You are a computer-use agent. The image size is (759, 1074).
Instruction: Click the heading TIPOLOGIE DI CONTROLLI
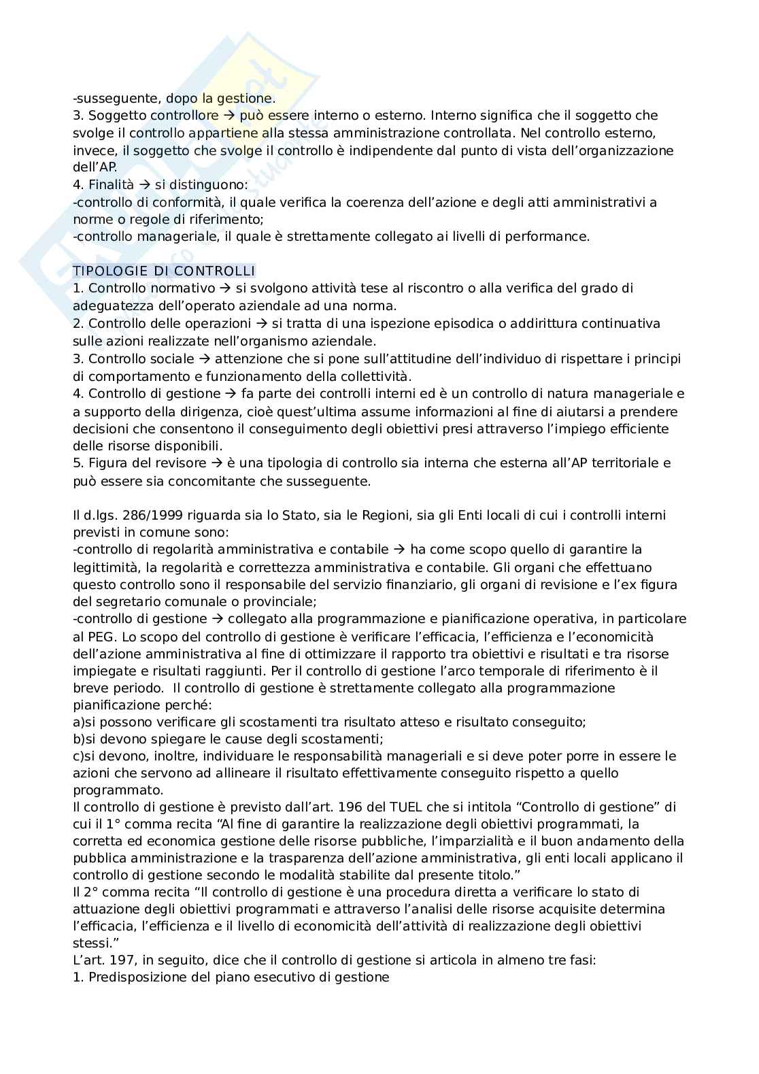164,271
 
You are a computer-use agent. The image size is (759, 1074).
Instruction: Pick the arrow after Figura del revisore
218,463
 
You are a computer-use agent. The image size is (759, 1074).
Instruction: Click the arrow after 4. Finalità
145,185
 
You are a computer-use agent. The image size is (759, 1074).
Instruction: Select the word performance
550,237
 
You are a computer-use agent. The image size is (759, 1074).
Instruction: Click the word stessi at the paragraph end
92,943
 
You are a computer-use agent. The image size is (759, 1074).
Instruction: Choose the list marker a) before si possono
79,722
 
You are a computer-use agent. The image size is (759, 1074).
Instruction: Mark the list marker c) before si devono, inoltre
79,756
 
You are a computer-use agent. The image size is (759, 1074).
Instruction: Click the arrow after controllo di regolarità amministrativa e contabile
399,550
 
